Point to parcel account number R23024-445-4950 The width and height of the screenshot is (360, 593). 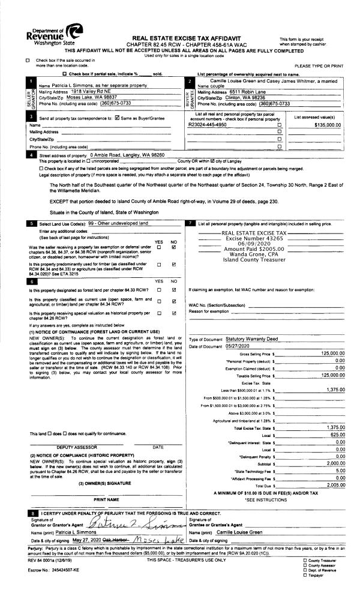click(x=208, y=125)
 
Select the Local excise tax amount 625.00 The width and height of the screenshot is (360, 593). click(x=337, y=434)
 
